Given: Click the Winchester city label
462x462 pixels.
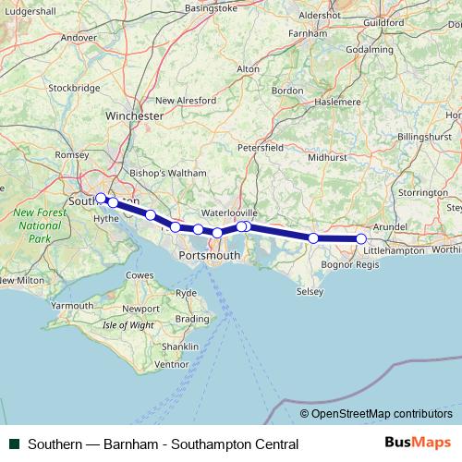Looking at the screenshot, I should pos(135,116).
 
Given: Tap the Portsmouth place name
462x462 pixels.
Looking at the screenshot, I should pos(212,254).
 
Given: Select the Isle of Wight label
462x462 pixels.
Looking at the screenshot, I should pos(128,325).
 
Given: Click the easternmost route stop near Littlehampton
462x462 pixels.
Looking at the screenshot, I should pos(361,238).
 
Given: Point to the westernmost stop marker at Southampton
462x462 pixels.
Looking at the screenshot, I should pos(101,197).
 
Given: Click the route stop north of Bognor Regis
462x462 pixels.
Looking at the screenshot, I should pos(313,237).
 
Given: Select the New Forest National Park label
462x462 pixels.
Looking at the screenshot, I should pos(38,225).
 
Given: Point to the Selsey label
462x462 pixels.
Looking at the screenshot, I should pos(310,292).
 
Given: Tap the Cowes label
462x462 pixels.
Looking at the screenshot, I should pos(140,275).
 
